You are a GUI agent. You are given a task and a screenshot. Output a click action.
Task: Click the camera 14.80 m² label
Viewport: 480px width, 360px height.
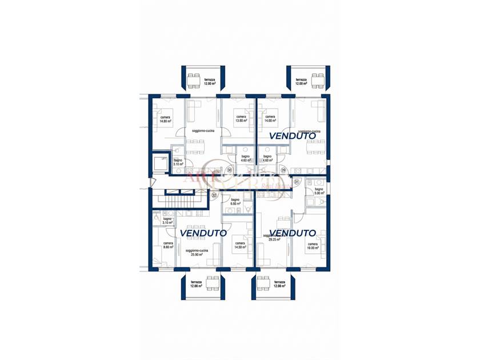pyautogui.click(x=165, y=119)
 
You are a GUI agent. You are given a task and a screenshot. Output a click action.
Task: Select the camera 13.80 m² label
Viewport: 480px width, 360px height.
pyautogui.click(x=241, y=119)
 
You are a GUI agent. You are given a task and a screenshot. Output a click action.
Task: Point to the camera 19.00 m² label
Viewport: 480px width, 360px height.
pyautogui.click(x=313, y=246)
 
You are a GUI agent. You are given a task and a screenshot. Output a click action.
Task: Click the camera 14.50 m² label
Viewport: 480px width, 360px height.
pyautogui.click(x=240, y=245)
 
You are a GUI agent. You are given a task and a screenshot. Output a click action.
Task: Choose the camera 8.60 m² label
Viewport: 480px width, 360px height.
pyautogui.click(x=167, y=245)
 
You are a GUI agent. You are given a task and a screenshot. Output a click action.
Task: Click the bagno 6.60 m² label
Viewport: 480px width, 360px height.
pyautogui.click(x=235, y=202)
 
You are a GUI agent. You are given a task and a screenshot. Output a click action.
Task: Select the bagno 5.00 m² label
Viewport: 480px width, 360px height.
pyautogui.click(x=318, y=191)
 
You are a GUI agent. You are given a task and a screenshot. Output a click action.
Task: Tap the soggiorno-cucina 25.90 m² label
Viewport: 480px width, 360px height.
pyautogui.click(x=197, y=253)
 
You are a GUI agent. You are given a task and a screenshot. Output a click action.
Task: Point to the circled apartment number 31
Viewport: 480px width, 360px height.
pyautogui.click(x=297, y=182)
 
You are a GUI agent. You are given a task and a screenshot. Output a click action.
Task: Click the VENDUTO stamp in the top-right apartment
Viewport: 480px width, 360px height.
pyautogui.click(x=292, y=136)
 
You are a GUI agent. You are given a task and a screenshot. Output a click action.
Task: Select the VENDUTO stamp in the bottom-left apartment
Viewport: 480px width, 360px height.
pyautogui.click(x=203, y=233)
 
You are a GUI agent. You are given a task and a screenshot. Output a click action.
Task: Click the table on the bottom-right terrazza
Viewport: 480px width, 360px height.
pyautogui.click(x=263, y=284)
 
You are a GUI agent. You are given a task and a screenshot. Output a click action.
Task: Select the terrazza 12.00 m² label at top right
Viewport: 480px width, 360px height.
pyautogui.click(x=301, y=82)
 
